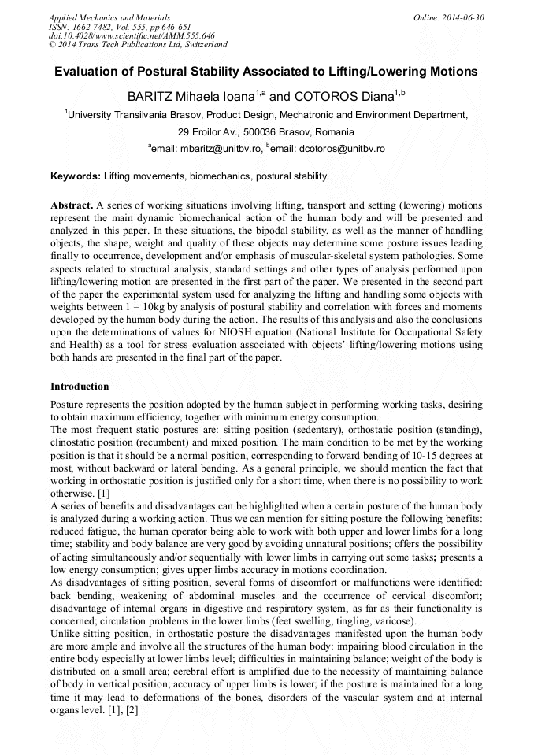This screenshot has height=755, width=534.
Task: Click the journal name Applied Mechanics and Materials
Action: point(109,17)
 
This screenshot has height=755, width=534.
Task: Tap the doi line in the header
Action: point(132,35)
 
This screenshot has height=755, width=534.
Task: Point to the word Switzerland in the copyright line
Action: point(200,45)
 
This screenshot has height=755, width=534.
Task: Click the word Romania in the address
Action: point(334,132)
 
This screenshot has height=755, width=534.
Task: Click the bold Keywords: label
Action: point(76,176)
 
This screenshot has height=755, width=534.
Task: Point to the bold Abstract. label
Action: point(72,205)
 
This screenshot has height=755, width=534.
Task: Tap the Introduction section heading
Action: point(80,387)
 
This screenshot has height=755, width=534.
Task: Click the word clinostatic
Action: point(77,443)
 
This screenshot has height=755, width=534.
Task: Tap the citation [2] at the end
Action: point(131,709)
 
